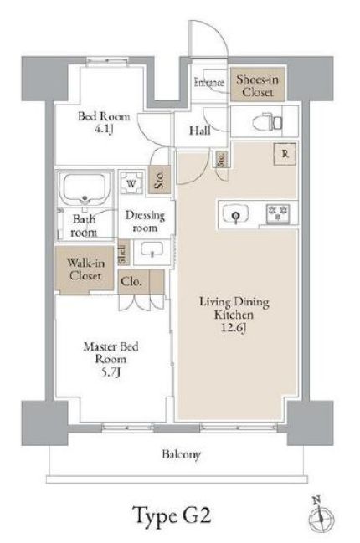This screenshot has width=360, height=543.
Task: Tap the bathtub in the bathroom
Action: [x=85, y=187]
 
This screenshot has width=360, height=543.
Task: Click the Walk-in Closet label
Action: [x=85, y=269]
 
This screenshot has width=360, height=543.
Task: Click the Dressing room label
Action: [x=145, y=221]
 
